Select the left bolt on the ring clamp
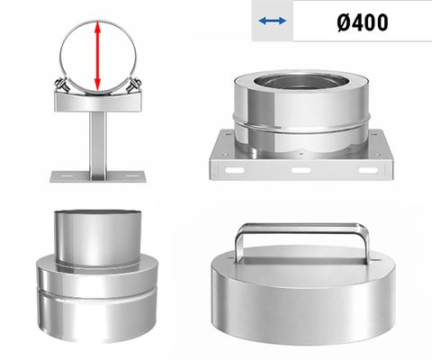(x=64, y=86)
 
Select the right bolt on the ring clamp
(x=132, y=86)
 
